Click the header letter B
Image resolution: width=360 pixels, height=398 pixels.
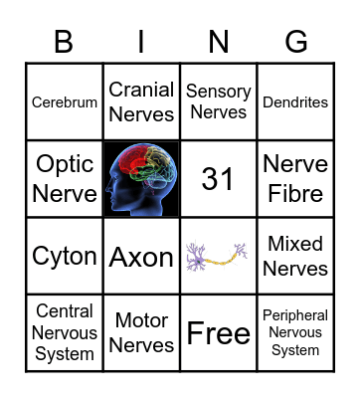click(64, 42)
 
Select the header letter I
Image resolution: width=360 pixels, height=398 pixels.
click(141, 42)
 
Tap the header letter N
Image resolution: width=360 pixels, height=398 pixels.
click(219, 42)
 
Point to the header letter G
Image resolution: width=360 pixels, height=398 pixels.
click(296, 42)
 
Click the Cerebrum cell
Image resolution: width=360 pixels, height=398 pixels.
click(65, 102)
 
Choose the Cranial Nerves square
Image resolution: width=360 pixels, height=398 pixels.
click(141, 101)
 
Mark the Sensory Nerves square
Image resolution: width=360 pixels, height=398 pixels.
click(219, 101)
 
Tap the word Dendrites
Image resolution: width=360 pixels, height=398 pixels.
click(295, 102)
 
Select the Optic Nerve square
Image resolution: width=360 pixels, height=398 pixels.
click(65, 178)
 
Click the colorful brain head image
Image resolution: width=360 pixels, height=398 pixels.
click(141, 178)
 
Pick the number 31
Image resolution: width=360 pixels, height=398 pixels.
click(219, 179)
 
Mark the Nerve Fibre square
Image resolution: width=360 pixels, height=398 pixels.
click(295, 178)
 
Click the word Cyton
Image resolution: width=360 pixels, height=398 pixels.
click(65, 256)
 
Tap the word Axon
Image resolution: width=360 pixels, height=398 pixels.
click(141, 257)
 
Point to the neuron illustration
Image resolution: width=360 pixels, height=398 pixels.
click(219, 256)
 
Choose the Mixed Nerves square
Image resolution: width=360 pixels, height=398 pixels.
click(295, 256)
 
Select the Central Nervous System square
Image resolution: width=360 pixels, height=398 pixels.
click(65, 332)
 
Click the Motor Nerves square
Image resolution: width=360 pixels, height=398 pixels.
click(141, 332)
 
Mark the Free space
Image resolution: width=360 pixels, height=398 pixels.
click(219, 333)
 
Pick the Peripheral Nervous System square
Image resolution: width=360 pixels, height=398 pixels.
click(295, 332)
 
